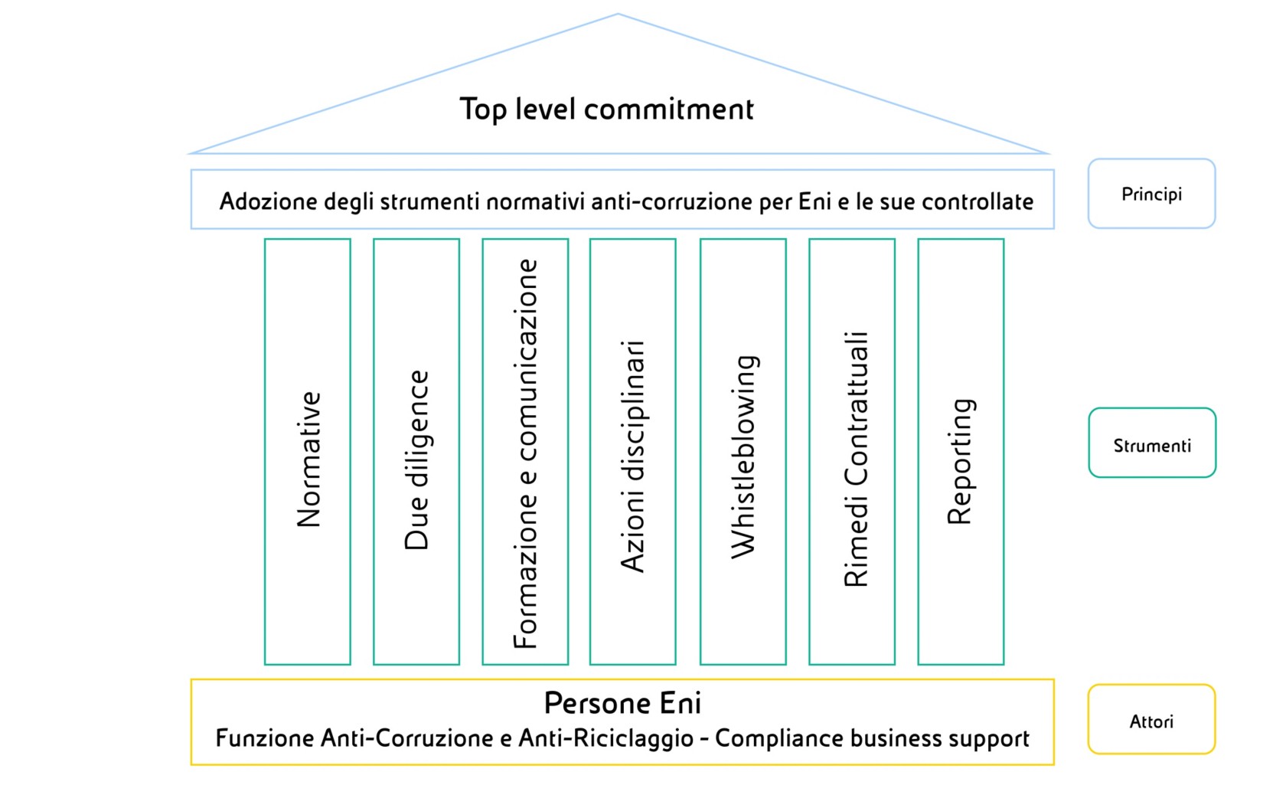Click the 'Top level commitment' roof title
point(606,109)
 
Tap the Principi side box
point(1151,194)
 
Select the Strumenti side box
point(1152,443)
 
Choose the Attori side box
point(1151,719)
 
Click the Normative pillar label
point(308,460)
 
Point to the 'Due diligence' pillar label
point(416,460)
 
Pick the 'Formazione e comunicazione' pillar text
point(525,453)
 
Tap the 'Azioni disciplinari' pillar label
point(632,456)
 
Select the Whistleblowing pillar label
point(745,457)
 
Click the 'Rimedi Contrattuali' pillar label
point(856,459)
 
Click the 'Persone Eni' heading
point(623,703)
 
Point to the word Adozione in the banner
point(269,201)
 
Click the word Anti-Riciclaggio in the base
point(606,738)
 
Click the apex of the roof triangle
point(619,14)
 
